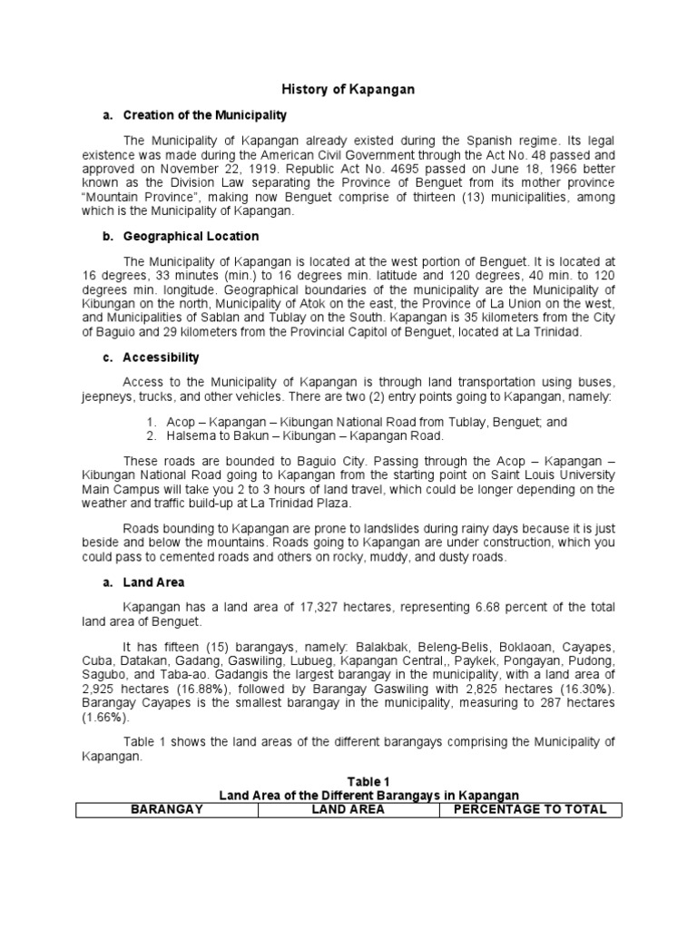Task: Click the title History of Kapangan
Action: click(x=348, y=90)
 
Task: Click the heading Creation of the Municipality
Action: click(x=204, y=115)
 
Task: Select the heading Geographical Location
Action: click(x=191, y=236)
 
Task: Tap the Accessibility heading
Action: click(x=161, y=357)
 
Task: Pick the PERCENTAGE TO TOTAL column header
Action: click(x=530, y=809)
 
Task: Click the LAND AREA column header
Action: click(x=348, y=809)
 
